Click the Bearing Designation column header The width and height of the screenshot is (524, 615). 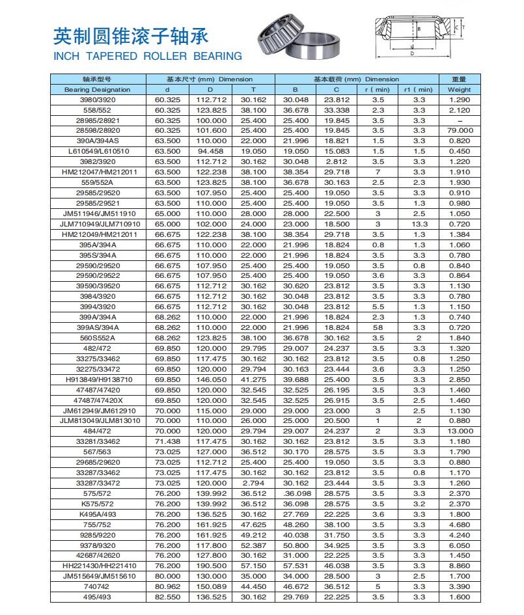(x=98, y=89)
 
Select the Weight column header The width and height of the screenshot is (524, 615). (x=460, y=89)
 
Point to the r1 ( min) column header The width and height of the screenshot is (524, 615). (x=418, y=89)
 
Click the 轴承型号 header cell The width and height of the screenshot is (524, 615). (x=98, y=79)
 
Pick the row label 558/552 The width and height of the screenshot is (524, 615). (x=98, y=110)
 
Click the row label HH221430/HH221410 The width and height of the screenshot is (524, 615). (x=98, y=566)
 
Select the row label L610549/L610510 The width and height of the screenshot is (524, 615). (x=98, y=151)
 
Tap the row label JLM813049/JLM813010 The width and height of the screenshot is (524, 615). (x=98, y=420)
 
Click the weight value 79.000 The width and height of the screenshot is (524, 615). (x=460, y=130)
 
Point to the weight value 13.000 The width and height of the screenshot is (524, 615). (x=460, y=431)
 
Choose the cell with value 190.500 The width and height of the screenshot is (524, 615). (x=210, y=566)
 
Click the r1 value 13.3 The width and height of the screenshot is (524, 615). (x=419, y=224)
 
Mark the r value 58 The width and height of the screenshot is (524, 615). (x=378, y=327)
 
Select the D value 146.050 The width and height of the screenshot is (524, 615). (x=210, y=379)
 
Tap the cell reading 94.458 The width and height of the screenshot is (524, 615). (x=210, y=151)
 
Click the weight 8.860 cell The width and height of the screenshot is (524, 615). (x=460, y=566)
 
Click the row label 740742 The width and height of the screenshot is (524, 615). (x=98, y=586)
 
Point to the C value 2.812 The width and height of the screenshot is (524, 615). (x=337, y=161)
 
